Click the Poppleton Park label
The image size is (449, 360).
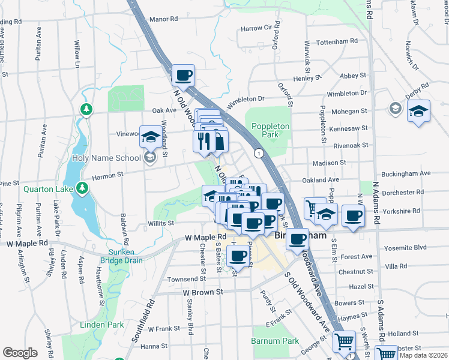[x=271, y=131]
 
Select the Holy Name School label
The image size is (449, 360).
[x=107, y=158]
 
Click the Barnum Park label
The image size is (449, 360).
[x=276, y=341]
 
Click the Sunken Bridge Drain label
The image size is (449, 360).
[x=125, y=256]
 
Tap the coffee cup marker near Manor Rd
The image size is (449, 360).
[x=183, y=75]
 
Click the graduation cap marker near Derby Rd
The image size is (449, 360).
[x=419, y=111]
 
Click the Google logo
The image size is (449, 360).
[x=20, y=353]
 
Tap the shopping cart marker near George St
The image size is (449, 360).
[x=344, y=341]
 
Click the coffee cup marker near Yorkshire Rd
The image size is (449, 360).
[x=353, y=215]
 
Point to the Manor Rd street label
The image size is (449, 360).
[x=164, y=19]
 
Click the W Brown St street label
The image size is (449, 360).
[x=203, y=292]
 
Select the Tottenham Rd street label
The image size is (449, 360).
[x=337, y=41]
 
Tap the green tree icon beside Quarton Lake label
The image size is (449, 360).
[x=82, y=189]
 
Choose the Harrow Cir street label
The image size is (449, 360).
[x=256, y=28]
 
